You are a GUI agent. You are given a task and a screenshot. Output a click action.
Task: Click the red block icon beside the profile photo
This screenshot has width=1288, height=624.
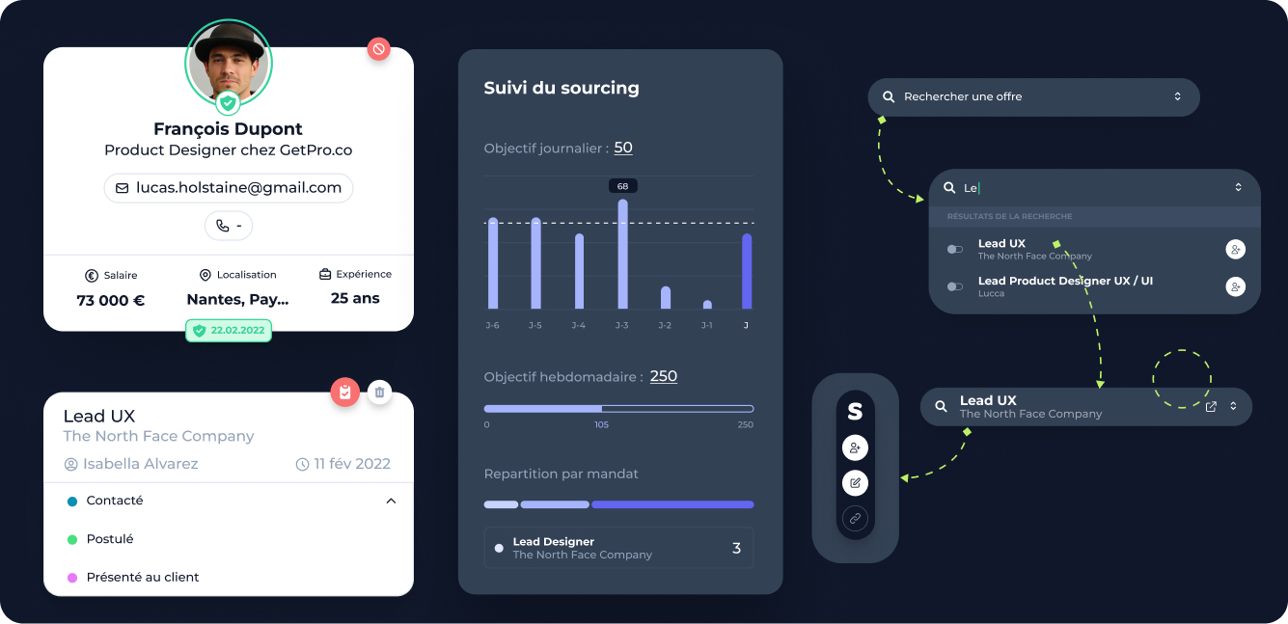[379, 48]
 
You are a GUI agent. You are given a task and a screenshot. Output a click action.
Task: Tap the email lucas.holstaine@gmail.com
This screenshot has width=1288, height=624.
[229, 188]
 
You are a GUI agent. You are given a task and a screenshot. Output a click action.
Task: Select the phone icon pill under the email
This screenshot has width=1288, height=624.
[229, 226]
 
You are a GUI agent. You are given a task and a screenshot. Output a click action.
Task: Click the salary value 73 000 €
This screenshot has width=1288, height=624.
[111, 300]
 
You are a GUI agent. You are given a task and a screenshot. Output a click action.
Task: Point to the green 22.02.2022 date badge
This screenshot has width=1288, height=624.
[229, 331]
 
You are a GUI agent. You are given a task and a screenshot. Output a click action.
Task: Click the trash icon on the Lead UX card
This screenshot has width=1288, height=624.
[380, 392]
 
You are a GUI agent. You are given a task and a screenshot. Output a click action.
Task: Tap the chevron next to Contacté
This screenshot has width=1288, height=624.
[391, 502]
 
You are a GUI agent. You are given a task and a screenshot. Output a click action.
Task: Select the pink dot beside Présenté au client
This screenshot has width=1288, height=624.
[72, 578]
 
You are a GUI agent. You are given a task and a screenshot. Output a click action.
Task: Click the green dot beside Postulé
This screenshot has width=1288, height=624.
[72, 539]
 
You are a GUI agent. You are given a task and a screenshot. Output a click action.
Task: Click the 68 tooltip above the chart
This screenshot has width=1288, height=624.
[622, 186]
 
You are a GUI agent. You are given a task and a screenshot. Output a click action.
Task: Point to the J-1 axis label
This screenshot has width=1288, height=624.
[707, 326]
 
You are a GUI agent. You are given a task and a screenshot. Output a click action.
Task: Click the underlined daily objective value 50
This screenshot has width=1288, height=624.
[623, 148]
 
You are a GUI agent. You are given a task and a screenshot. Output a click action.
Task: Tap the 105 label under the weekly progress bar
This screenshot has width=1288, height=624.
[601, 425]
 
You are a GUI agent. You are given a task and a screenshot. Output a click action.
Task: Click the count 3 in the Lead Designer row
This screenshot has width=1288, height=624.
[736, 549]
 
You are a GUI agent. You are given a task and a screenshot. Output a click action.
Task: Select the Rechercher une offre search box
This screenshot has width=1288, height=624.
[1033, 96]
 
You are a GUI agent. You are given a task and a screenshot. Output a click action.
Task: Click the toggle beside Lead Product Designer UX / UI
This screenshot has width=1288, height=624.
[955, 286]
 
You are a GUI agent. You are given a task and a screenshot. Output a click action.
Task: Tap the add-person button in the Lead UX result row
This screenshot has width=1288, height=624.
[1235, 250]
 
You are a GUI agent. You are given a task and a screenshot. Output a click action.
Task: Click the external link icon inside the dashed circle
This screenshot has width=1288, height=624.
[1211, 406]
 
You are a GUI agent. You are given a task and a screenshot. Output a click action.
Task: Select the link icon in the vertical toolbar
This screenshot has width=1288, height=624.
[855, 519]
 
